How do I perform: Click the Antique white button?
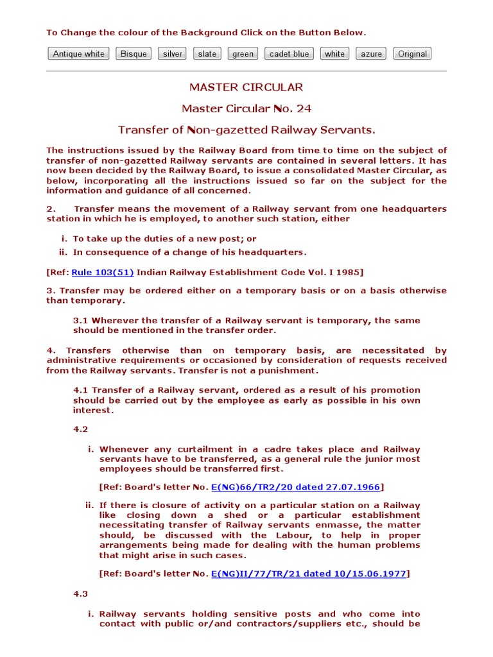pos(78,54)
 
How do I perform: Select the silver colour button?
pos(172,54)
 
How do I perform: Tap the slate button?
pos(207,54)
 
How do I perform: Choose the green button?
pos(243,54)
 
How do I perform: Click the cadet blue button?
pos(289,54)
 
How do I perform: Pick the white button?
pos(334,54)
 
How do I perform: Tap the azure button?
pos(371,54)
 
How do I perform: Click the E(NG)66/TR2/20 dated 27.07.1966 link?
pos(296,486)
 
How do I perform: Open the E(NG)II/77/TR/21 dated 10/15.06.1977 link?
pos(309,574)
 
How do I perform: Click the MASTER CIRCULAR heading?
pos(246,87)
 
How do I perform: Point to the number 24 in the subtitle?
pos(304,108)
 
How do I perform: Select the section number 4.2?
pos(80,429)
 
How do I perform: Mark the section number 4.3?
pos(80,594)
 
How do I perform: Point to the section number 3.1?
pos(80,320)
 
